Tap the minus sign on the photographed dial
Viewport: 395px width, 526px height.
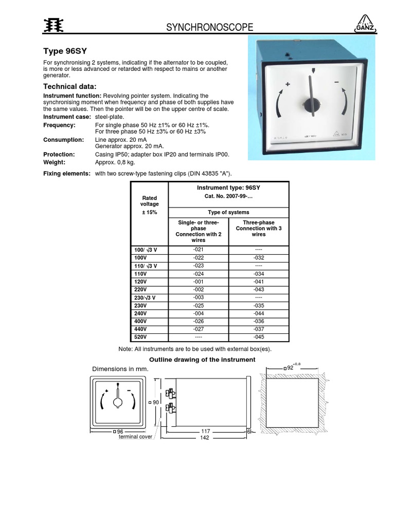coord(336,82)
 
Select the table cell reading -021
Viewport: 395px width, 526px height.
coord(198,250)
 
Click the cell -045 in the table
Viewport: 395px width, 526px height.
coord(259,337)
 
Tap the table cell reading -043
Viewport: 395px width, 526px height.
coord(259,290)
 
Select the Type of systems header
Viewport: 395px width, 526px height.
coord(228,212)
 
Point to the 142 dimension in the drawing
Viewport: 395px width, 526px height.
coord(205,438)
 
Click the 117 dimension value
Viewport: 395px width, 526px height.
coord(205,430)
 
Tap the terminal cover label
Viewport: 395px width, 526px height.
coord(135,437)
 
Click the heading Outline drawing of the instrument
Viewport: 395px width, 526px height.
coord(202,360)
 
